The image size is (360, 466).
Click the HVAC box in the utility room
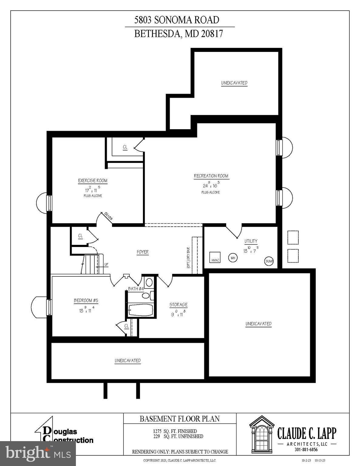pos(215,258)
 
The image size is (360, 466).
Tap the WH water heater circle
pos(233,258)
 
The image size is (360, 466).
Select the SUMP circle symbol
pos(269,261)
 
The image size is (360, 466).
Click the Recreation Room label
pos(211,176)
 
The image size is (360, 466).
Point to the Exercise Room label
pos(93,181)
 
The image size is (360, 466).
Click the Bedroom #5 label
pos(86,301)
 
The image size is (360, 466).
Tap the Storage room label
pos(178,305)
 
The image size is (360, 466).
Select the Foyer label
pos(143,252)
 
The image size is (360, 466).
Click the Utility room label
pos(251,241)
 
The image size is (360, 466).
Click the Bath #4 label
pos(136,289)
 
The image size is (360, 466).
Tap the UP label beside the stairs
pos(106,265)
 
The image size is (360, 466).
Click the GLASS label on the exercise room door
pos(108,217)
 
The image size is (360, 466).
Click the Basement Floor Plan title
pos(179,419)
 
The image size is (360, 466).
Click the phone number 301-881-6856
pos(306,450)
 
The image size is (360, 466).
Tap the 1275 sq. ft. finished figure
pos(175,431)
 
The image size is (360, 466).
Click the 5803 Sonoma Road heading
pos(177,20)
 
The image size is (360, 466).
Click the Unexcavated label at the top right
pos(234,83)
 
